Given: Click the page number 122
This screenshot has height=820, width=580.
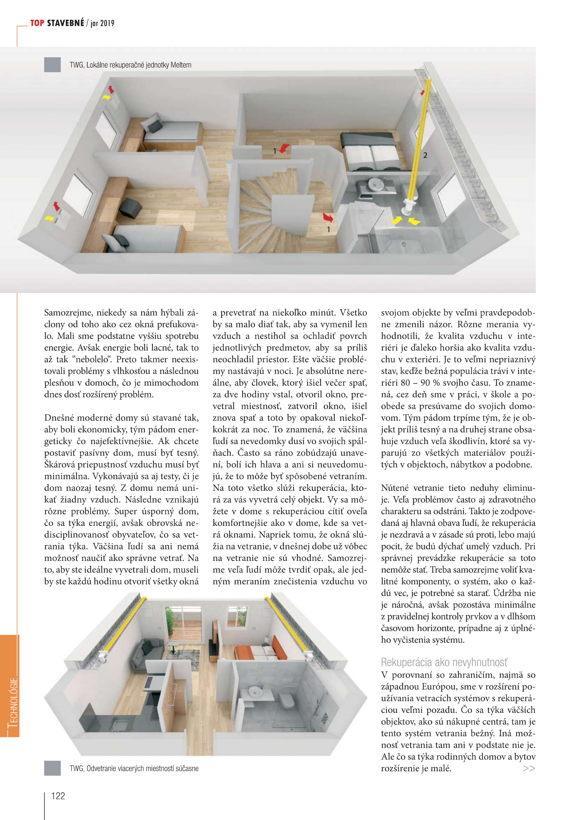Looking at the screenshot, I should [x=58, y=796].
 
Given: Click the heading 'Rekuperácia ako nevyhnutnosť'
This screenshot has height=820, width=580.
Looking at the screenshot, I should [x=444, y=662].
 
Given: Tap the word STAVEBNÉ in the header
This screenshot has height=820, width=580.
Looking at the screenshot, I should [x=66, y=23].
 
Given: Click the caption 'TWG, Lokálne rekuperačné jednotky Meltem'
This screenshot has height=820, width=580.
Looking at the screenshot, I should [x=130, y=65].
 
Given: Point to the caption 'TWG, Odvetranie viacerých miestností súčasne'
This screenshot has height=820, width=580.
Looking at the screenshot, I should [x=134, y=768].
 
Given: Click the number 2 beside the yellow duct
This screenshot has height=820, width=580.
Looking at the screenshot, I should [x=425, y=155].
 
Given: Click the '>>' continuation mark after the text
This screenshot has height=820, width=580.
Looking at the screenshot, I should [x=528, y=768].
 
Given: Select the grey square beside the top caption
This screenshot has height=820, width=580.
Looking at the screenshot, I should [x=52, y=65].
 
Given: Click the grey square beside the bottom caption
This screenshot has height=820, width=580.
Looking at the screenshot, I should [x=52, y=768].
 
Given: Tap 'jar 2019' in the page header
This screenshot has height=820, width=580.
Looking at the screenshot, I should [x=102, y=23].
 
